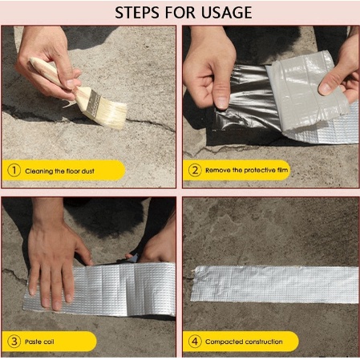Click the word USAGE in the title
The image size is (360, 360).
tap(226, 13)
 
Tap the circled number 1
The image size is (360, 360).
tap(14, 170)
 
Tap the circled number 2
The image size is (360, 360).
tap(195, 170)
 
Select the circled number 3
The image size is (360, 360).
tap(14, 342)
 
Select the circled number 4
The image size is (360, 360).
tap(195, 342)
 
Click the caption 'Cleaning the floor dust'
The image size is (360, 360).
tap(59, 171)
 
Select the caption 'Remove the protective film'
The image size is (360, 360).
tap(246, 170)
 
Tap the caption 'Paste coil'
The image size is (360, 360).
tap(39, 342)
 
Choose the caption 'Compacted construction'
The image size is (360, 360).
tap(244, 342)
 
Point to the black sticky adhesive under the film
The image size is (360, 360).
tap(247, 104)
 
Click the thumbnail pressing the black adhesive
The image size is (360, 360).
tap(222, 103)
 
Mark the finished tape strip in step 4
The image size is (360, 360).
tap(274, 285)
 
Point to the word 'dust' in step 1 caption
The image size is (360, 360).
tap(88, 171)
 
